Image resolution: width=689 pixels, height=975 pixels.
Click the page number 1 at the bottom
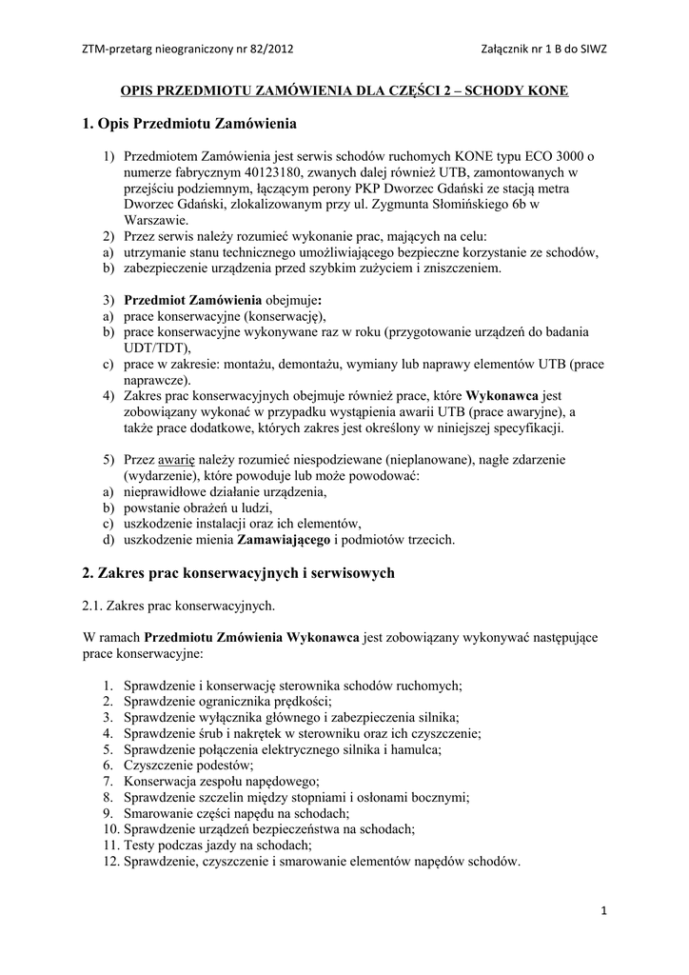pos(604,911)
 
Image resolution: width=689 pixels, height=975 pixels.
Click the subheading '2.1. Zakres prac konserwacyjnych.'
pos(179,605)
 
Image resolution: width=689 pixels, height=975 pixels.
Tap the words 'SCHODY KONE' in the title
pos(518,91)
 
